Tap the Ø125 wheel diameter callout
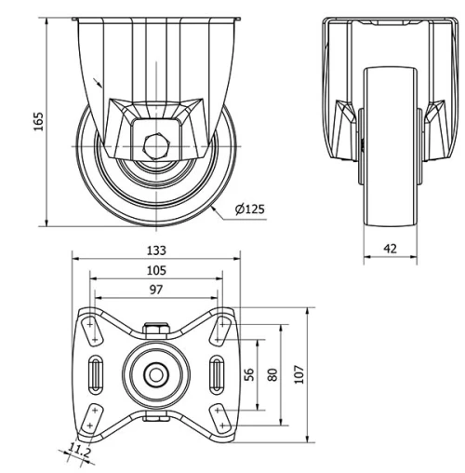coord(249,209)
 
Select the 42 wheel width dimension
coord(390,249)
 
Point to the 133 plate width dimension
coord(156,250)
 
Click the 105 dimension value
coord(156,270)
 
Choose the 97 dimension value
coord(156,290)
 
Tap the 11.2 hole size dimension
coord(79,453)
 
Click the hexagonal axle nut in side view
coord(155,146)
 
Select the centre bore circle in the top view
coord(156,374)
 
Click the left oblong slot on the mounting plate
coord(96,374)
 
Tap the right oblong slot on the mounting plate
coord(217,374)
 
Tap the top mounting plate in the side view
coord(155,18)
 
